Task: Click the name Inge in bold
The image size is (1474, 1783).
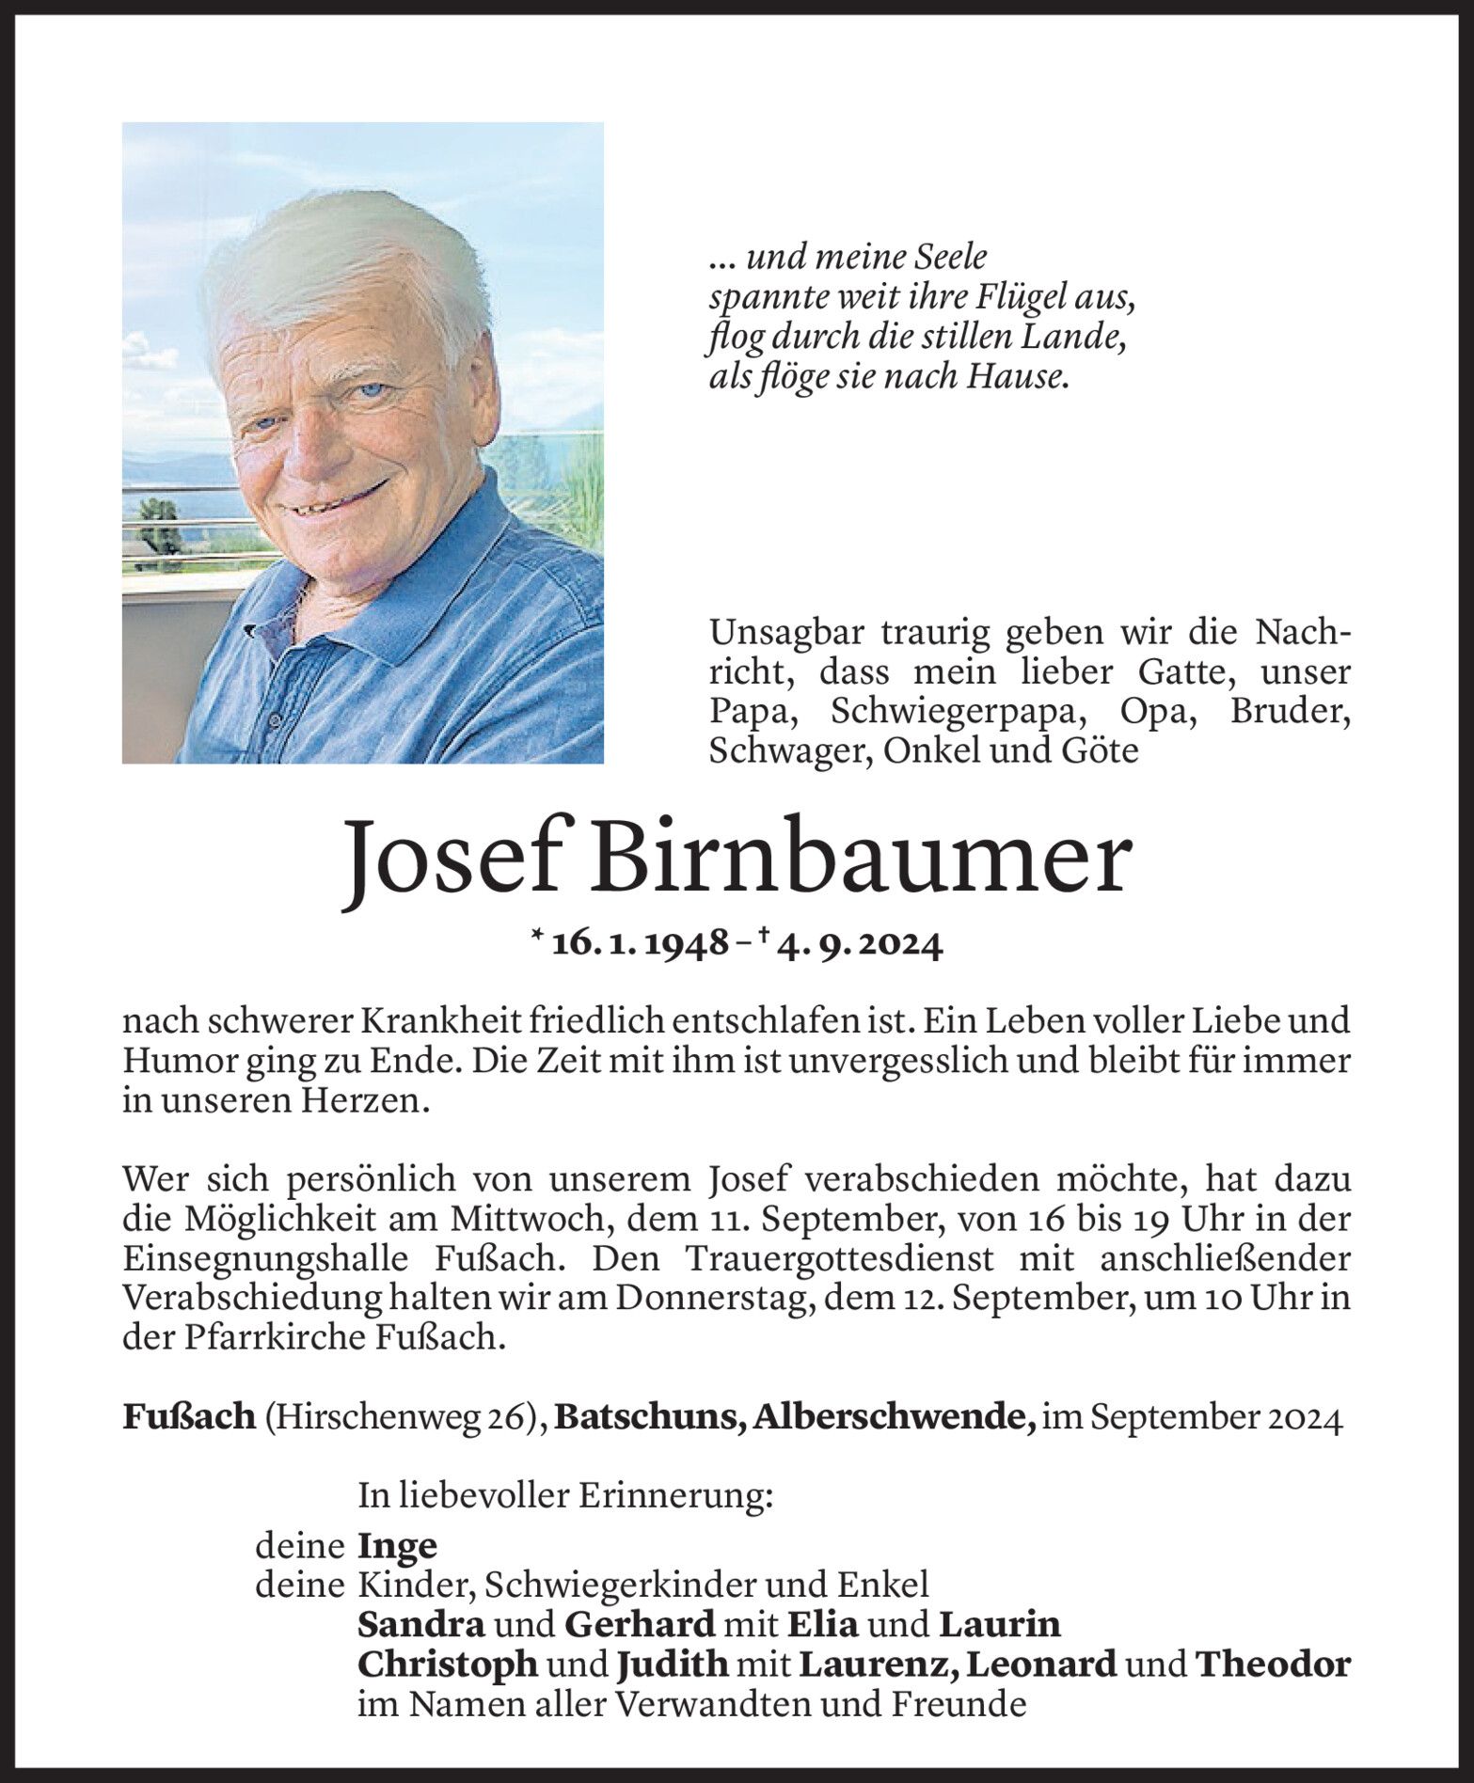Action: click(398, 1545)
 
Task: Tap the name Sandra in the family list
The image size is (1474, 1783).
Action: click(421, 1624)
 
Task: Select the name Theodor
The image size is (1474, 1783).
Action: click(1273, 1665)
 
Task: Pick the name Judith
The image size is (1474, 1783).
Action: click(673, 1665)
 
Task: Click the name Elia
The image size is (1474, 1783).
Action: click(822, 1624)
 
